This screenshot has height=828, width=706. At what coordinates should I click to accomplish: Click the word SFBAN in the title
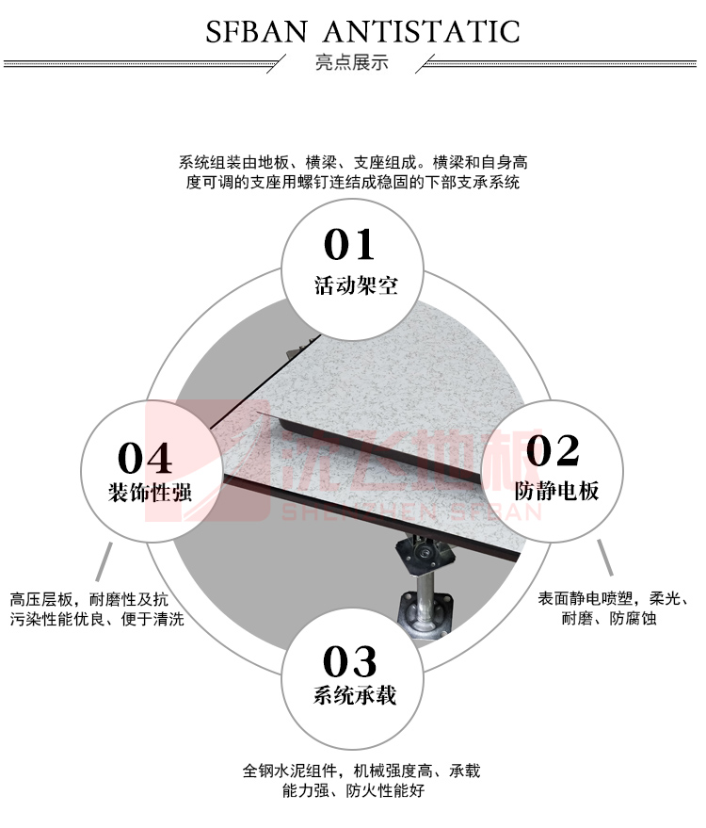click(x=256, y=32)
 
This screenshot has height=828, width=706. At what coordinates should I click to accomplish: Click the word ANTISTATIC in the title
click(x=422, y=32)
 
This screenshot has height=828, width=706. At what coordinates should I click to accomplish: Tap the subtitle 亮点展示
click(x=351, y=62)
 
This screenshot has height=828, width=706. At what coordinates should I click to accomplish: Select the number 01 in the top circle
click(x=349, y=245)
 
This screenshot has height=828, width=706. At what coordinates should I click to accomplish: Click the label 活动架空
click(x=356, y=285)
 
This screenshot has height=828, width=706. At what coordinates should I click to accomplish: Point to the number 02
click(x=553, y=450)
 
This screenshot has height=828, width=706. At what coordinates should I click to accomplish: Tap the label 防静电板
click(x=556, y=491)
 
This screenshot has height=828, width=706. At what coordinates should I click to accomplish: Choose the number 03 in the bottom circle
click(x=350, y=661)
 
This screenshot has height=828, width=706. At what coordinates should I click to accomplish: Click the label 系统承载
click(x=355, y=695)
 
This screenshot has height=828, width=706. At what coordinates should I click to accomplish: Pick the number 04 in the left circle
click(x=145, y=458)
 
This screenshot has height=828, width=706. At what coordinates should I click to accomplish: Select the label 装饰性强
click(x=150, y=492)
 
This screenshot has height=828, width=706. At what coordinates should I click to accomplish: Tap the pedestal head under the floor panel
click(x=425, y=552)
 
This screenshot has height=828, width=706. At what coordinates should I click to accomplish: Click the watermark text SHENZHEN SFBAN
click(x=411, y=512)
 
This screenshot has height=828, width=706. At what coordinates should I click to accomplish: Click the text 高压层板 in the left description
click(x=41, y=599)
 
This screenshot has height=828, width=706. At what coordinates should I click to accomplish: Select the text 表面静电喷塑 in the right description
click(x=586, y=598)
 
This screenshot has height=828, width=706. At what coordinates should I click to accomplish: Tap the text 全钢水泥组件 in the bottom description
click(x=290, y=771)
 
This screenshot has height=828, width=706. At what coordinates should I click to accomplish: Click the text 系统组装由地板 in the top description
click(x=233, y=162)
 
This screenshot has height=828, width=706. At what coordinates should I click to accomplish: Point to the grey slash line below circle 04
click(x=104, y=561)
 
